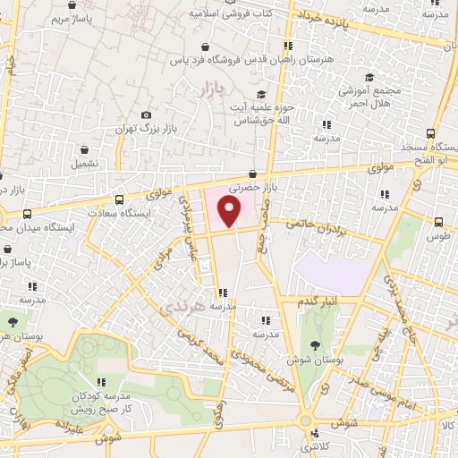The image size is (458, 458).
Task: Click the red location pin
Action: [x=230, y=212]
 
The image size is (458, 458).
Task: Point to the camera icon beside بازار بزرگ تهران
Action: [x=146, y=114]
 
